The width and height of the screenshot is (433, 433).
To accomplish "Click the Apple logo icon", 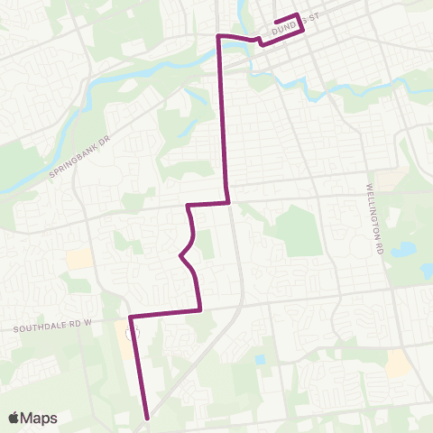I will coord(14,418).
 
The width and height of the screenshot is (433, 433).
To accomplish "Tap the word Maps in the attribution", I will coord(40,418).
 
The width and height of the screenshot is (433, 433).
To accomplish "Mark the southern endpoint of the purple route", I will coord(147,418).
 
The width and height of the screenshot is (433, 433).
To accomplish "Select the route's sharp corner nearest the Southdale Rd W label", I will coord(131,318).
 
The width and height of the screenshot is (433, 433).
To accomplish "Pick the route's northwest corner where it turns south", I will coord(217,36).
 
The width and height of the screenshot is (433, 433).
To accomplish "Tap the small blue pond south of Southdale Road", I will coord(260,359).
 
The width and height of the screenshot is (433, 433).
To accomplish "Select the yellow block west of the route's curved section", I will coord(79,259).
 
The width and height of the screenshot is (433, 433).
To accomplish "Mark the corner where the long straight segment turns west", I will coord(228,202).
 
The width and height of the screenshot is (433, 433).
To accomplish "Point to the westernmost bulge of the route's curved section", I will coord(181,256).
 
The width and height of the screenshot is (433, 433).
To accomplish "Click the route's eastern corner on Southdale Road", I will coord(199,309).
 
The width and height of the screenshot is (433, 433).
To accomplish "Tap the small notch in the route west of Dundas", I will coord(260,41).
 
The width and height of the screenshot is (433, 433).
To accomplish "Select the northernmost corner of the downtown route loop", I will coord(296,14).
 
